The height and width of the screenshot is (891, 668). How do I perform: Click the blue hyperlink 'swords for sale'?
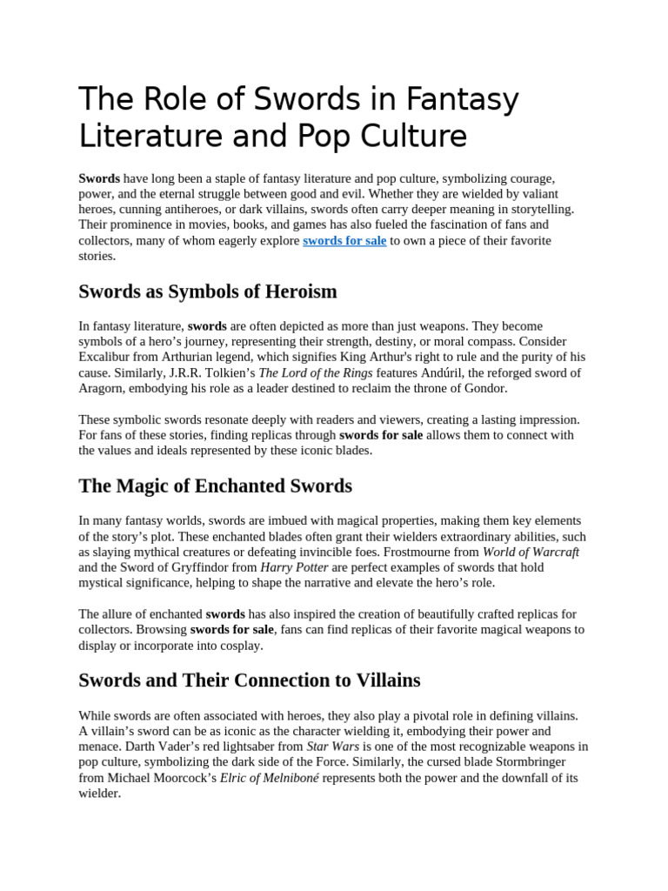click(x=344, y=240)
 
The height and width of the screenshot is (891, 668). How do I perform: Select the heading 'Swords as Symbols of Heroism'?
click(x=208, y=291)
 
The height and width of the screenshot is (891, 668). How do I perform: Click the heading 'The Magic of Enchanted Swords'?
click(x=216, y=485)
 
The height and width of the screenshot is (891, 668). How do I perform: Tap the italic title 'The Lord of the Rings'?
click(x=320, y=372)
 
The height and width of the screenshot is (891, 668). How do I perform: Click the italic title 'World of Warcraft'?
click(x=531, y=552)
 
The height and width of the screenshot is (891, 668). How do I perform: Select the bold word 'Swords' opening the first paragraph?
click(x=99, y=178)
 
